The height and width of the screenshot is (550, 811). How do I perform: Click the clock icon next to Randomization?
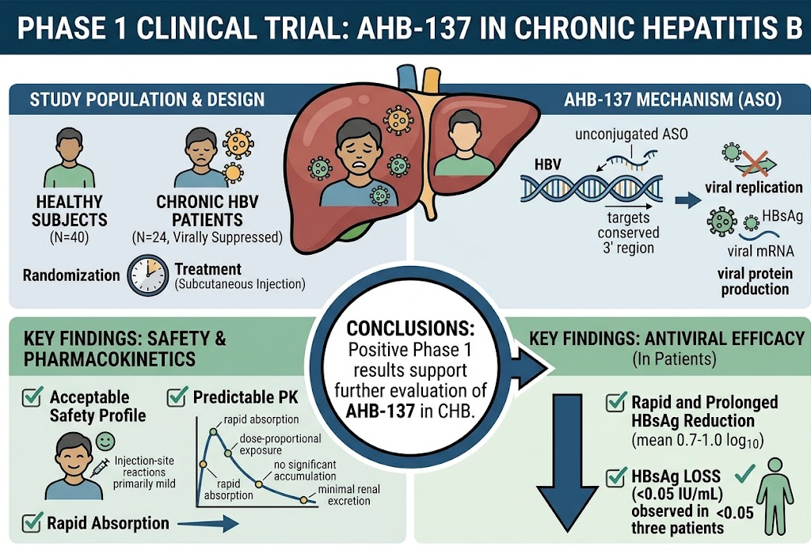point(148,275)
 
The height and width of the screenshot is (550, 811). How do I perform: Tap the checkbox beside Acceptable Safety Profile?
point(32,396)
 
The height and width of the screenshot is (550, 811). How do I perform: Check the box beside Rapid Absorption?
point(32,522)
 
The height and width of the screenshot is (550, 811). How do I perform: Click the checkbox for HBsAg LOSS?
point(616,476)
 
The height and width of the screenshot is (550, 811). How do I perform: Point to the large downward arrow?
point(567,463)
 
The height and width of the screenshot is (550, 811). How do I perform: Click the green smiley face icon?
point(105,441)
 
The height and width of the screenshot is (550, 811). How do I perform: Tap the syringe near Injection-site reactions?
point(100,467)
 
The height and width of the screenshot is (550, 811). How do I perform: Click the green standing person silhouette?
point(775,496)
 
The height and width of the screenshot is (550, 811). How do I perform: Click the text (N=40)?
point(70,237)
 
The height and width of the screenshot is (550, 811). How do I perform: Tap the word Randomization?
point(71,275)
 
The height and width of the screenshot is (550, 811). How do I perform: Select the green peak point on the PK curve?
point(212,431)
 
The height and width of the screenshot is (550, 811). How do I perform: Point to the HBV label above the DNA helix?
point(548,165)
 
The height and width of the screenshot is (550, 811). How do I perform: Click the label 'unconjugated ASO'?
point(631,135)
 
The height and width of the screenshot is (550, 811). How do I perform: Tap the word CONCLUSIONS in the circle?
point(410,328)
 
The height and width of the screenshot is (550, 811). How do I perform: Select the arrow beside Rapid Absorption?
point(208,524)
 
